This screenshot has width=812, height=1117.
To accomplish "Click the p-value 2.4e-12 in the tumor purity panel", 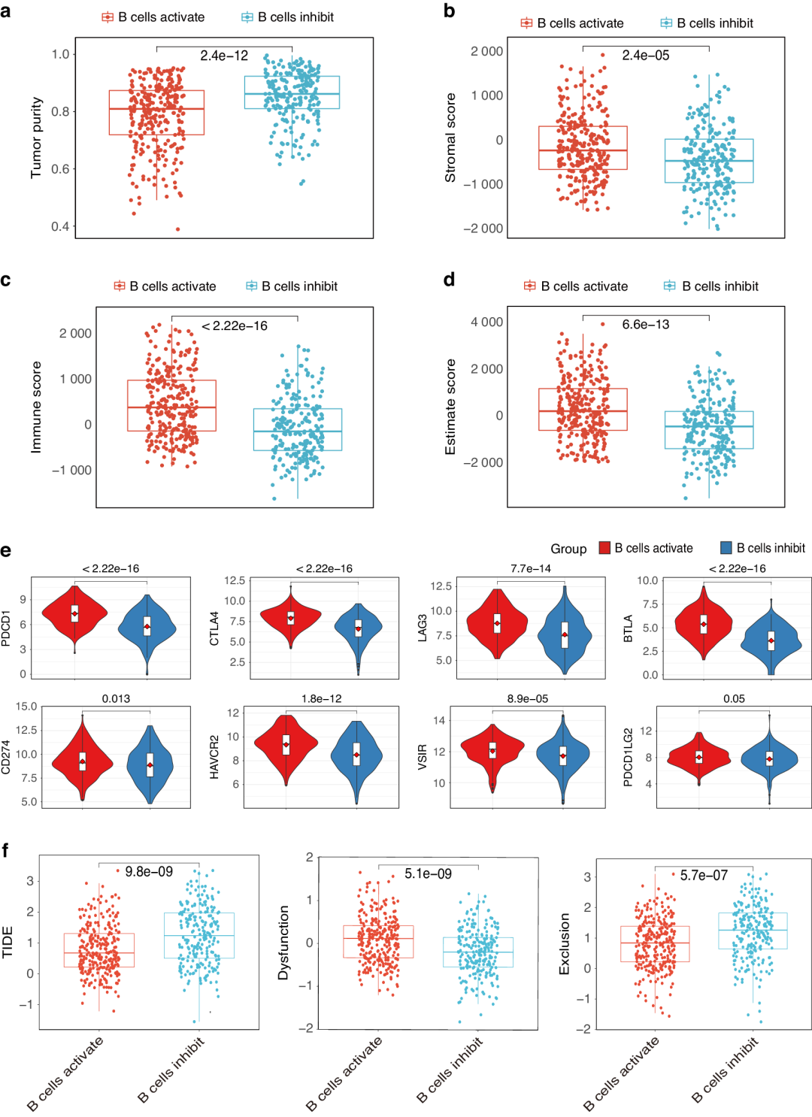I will point(223,56).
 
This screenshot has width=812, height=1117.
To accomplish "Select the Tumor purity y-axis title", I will point(36,138).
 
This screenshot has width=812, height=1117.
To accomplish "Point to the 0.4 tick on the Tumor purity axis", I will point(60,226).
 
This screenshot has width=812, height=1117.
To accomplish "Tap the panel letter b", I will point(449,11).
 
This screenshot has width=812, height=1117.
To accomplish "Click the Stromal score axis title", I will point(450,138).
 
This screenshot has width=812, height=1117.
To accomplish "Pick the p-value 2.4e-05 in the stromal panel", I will point(645,55).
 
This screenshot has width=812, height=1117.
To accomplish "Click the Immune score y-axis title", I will point(36,407).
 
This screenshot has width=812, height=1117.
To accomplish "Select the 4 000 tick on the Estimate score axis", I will point(486,322).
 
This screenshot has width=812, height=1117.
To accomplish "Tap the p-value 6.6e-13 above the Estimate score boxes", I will point(645,324).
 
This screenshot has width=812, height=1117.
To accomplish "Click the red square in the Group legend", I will point(604,548).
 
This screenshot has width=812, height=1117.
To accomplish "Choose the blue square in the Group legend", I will point(726,548).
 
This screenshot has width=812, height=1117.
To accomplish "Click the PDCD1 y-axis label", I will point(7,628).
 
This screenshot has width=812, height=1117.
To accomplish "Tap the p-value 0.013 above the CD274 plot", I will point(116,698).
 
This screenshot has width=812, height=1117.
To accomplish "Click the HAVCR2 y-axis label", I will point(214,757).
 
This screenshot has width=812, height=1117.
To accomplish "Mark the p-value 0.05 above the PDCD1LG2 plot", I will point(734,698).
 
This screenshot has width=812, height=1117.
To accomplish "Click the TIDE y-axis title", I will point(8,942).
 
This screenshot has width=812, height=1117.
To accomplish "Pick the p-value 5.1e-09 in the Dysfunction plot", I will point(428,873).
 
